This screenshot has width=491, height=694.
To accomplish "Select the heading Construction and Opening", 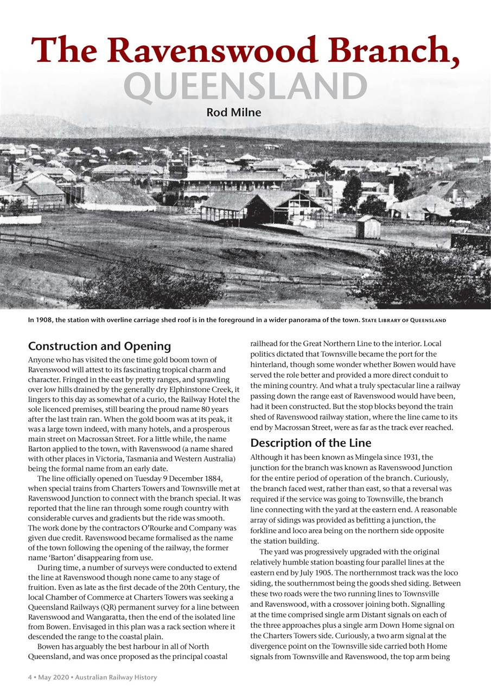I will point(99,346).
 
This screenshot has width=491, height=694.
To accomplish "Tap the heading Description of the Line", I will point(311,443).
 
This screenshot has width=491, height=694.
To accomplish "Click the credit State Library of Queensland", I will point(404,320).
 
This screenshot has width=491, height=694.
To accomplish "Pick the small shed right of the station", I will point(368,227).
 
